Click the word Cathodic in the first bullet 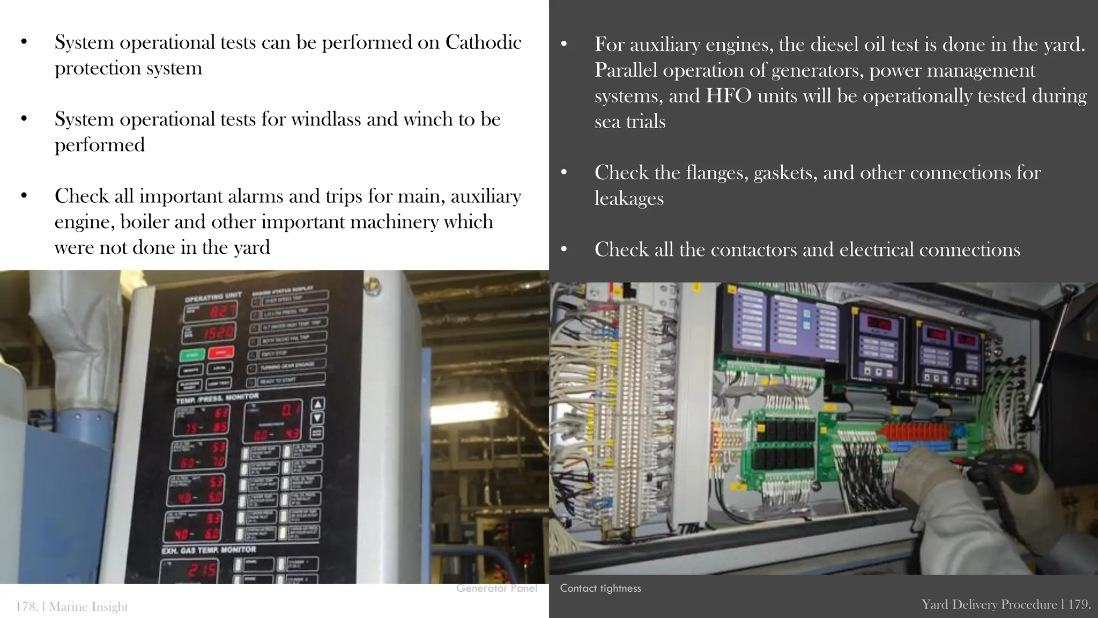[483, 42]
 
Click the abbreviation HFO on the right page [729, 96]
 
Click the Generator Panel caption [496, 588]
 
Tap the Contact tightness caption [600, 588]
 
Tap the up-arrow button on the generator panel [317, 404]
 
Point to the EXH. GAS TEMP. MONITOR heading [209, 550]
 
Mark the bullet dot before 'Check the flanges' [563, 173]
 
